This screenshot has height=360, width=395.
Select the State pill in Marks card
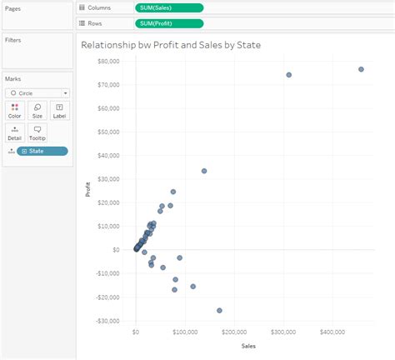point(42,151)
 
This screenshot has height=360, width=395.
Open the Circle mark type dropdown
point(37,93)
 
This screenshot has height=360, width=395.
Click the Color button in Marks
point(15,111)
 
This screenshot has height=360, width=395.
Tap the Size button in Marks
point(37,111)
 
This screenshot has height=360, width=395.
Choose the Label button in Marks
point(59,111)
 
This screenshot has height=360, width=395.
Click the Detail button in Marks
point(15,132)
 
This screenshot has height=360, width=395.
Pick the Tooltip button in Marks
point(37,132)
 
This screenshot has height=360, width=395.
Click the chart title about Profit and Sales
point(171,44)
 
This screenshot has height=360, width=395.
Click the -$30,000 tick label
point(108,321)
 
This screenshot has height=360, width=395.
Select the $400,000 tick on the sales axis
point(332,332)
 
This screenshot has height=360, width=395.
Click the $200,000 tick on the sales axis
point(234,332)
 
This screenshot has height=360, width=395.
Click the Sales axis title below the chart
point(248,345)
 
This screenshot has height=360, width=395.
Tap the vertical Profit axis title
point(88,190)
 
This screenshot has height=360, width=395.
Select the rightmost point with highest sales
point(361,69)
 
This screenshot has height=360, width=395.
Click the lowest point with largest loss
point(220,310)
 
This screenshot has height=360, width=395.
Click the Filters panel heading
point(13,39)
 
